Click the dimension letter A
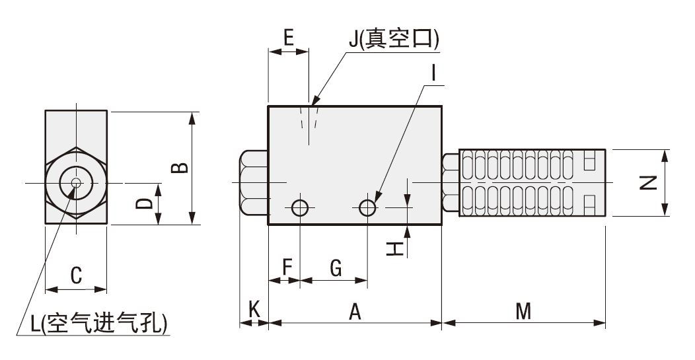(x=355, y=311)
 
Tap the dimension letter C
(x=76, y=275)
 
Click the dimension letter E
(x=287, y=38)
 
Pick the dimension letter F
(x=287, y=268)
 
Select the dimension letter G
(x=335, y=268)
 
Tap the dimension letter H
(x=394, y=248)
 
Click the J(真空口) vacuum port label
(x=394, y=40)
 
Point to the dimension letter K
(x=253, y=308)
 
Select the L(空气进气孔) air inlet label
(x=99, y=324)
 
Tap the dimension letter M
(x=523, y=311)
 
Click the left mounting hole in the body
(x=300, y=208)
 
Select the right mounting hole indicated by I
(x=368, y=208)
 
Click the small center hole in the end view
(x=76, y=183)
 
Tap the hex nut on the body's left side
(x=253, y=183)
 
